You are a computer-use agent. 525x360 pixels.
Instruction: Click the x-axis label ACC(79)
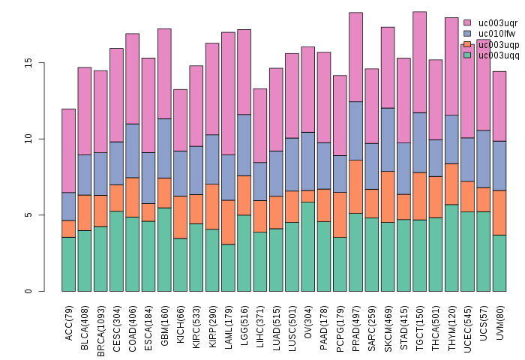[69, 323]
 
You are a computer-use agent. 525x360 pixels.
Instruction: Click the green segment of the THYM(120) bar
[451, 247]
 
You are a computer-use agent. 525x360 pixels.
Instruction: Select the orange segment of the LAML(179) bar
[228, 222]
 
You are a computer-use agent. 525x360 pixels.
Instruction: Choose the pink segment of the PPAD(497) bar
[356, 57]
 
